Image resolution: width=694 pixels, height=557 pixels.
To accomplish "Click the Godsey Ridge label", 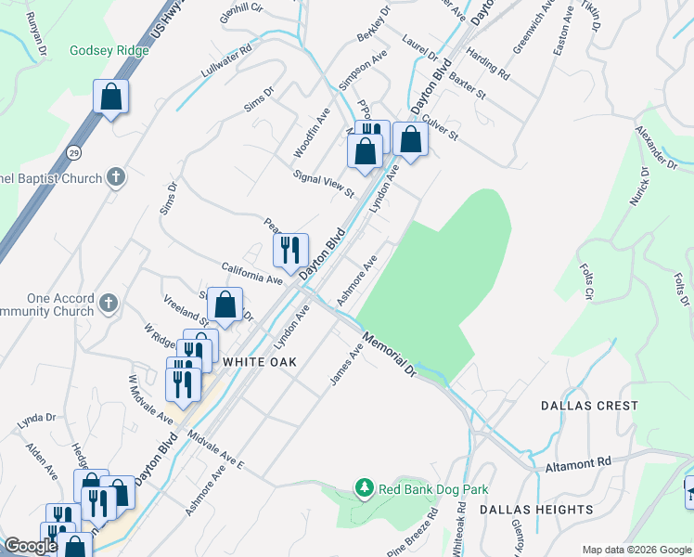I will pos(109,50).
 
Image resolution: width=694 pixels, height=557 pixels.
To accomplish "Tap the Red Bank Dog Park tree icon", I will pos(366,487).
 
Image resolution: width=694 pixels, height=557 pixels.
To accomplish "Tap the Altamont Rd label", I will pos(578,461).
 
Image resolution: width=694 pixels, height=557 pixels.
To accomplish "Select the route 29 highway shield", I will pos(73,151).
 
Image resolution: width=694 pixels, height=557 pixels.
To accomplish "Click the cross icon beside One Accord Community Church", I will pos(109,303).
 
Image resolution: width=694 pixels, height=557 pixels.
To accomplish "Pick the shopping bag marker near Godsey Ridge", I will pos(110,97).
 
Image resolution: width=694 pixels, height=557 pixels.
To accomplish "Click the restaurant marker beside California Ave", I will pos(290,249).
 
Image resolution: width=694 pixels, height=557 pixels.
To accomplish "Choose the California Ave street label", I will pos(251,273).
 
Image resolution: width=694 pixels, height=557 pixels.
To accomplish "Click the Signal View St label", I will pos(324,184).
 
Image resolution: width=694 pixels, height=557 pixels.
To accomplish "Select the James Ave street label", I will pos(346,366).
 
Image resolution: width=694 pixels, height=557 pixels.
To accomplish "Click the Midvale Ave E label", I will pos(214,449).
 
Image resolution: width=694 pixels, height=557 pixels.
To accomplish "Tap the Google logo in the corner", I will pos(31,546).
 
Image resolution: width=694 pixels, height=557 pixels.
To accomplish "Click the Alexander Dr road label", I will pos(656,147).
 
